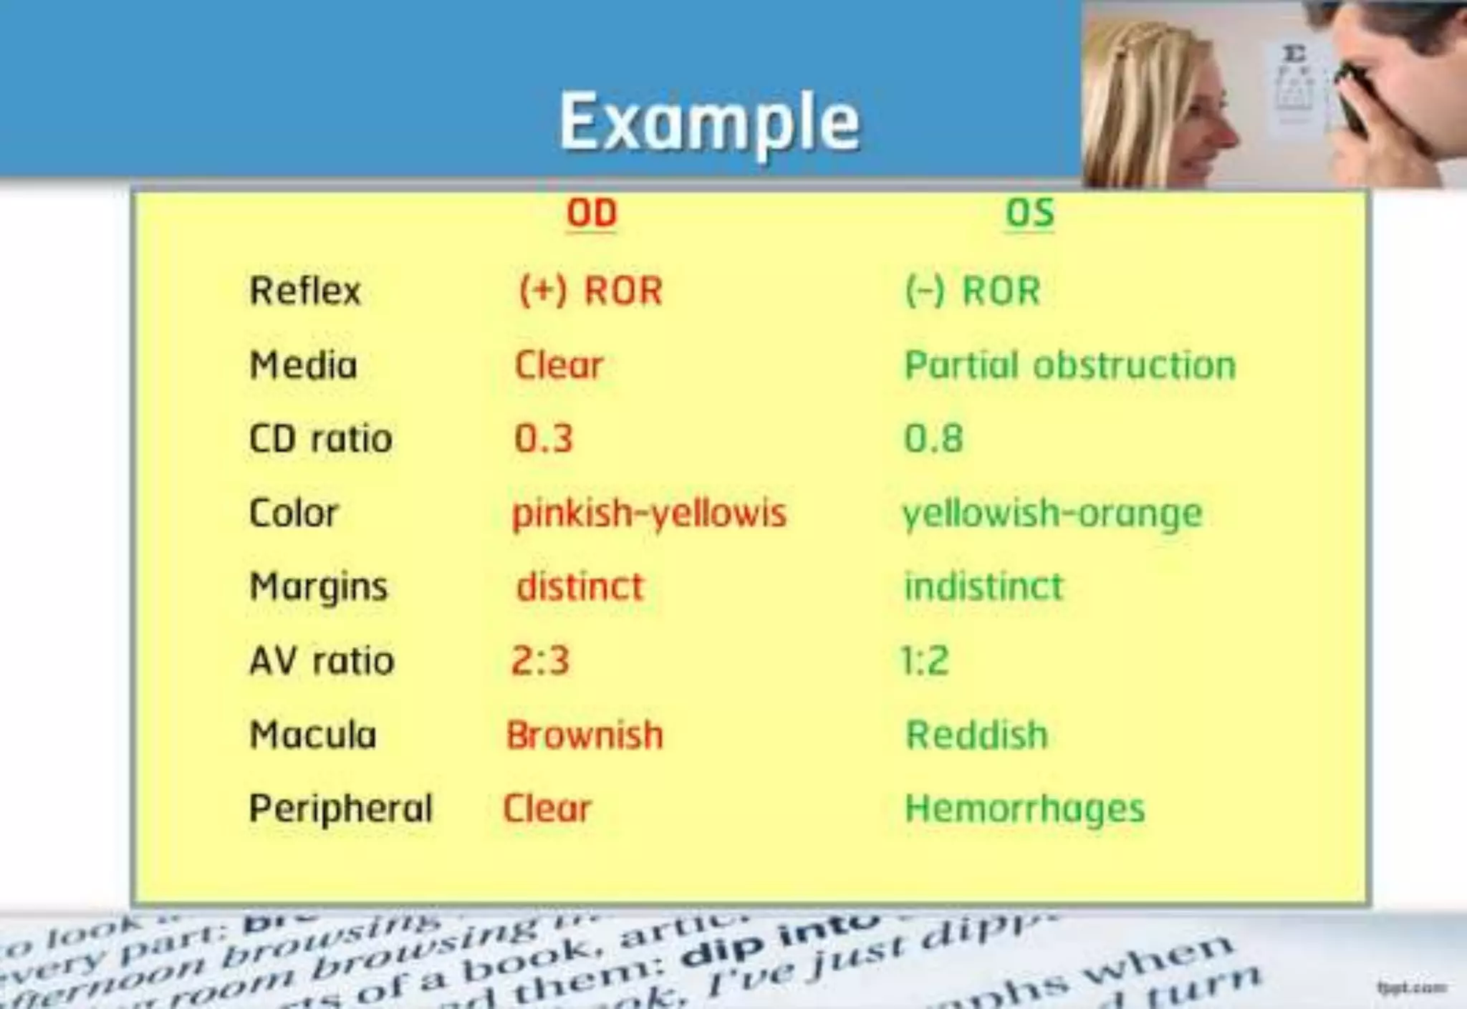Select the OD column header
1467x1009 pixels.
click(x=592, y=213)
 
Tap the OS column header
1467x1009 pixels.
click(x=1030, y=213)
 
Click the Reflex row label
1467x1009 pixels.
click(x=305, y=291)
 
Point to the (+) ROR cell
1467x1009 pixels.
click(x=591, y=291)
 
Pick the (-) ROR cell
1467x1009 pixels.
click(x=973, y=291)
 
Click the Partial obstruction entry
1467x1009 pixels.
click(x=1070, y=365)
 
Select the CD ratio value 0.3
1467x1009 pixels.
click(x=544, y=438)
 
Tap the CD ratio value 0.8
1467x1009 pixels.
click(x=933, y=438)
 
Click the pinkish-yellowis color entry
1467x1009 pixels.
click(x=649, y=513)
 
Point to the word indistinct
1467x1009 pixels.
click(x=983, y=586)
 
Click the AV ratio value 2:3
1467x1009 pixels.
click(x=540, y=660)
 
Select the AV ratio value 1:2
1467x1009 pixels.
click(x=925, y=660)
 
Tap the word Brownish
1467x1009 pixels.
click(x=585, y=735)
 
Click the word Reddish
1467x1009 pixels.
click(x=977, y=735)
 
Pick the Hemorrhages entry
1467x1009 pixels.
click(x=1025, y=809)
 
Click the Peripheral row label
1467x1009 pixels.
click(x=341, y=809)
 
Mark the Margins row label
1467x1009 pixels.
click(x=319, y=587)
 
